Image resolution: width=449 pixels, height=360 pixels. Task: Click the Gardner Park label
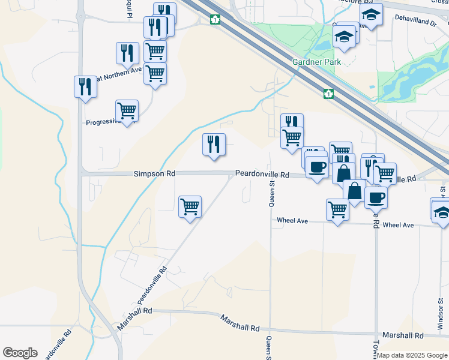316,62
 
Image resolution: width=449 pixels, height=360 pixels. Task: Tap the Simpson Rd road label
154,173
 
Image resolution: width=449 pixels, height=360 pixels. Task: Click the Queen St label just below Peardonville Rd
272,194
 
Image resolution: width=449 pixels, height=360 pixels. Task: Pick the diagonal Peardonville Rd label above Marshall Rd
151,285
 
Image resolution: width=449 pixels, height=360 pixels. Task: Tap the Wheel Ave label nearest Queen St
292,221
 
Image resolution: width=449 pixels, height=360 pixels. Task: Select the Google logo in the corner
20,353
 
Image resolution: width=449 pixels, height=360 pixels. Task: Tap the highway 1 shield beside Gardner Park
328,94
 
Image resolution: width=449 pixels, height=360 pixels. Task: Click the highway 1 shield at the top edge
214,20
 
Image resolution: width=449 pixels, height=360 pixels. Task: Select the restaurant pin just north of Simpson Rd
214,145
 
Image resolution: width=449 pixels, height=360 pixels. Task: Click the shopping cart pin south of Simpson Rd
190,207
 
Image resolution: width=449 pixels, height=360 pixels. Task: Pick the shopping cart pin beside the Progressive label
127,111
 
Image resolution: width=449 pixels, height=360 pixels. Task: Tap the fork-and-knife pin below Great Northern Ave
85,87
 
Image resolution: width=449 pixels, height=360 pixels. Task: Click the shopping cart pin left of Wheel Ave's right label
337,210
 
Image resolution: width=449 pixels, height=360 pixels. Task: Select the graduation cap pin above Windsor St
441,212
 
